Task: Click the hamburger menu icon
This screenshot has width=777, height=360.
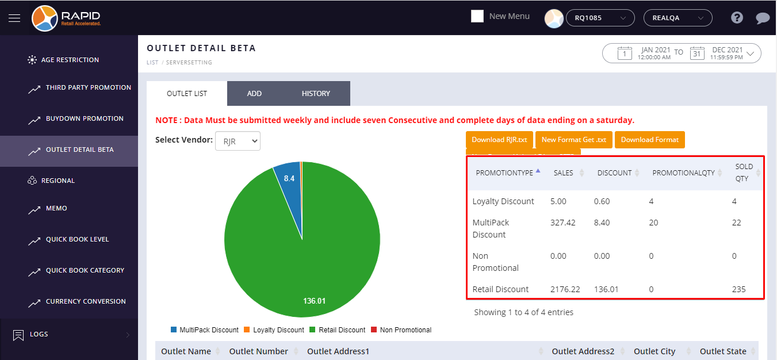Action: [x=14, y=18]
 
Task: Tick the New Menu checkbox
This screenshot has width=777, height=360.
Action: [x=477, y=16]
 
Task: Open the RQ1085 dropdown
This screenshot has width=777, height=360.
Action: [x=600, y=18]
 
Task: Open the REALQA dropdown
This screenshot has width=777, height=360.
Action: [x=678, y=18]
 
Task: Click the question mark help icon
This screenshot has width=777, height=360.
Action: [x=737, y=18]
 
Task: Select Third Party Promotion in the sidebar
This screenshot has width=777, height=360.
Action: [x=88, y=87]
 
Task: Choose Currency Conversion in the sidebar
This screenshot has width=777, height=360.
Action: [x=86, y=301]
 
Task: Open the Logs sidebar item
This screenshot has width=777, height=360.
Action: [x=39, y=334]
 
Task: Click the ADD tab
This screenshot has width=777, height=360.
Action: [x=254, y=93]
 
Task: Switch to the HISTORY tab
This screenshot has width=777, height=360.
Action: [x=316, y=93]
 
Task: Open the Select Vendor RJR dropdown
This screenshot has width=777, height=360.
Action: [x=238, y=141]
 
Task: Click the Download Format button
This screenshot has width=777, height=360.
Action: [x=649, y=140]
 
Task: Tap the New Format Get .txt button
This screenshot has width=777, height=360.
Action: [x=573, y=140]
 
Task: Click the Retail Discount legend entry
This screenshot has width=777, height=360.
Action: [x=342, y=330]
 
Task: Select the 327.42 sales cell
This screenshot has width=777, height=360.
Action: [x=562, y=223]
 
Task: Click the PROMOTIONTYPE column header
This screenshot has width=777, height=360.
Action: [x=504, y=173]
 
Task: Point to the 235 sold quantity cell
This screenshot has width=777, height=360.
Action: [x=738, y=289]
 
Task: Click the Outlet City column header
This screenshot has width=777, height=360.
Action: [x=654, y=351]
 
